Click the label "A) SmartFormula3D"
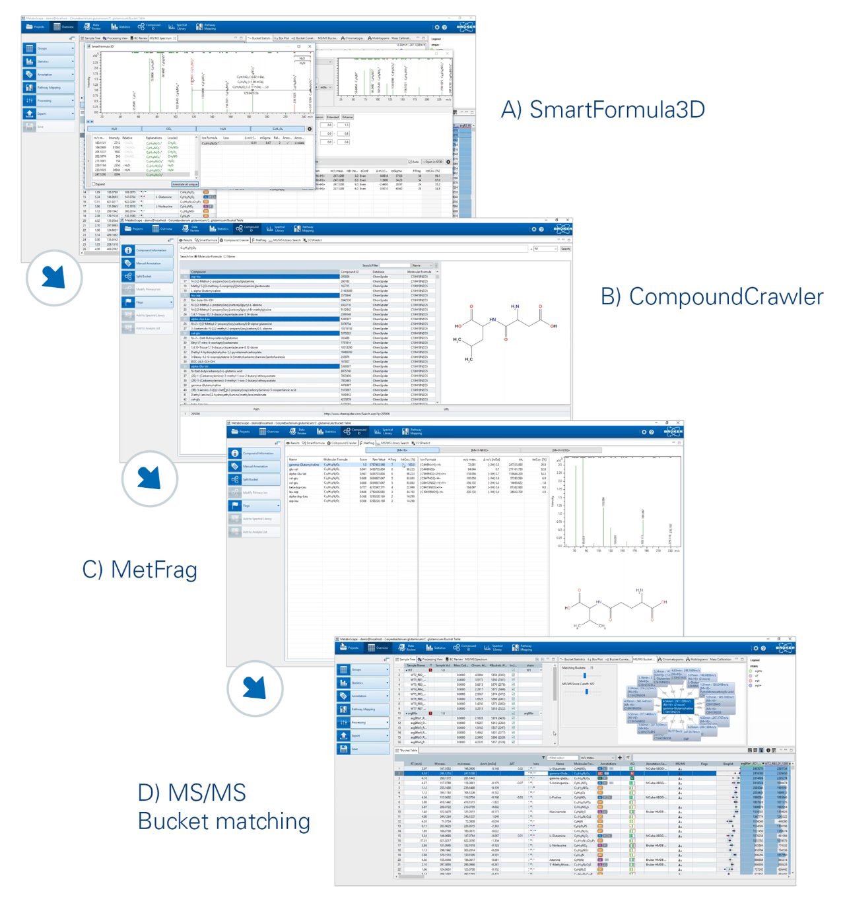point(602,110)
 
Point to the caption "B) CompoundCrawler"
point(712,297)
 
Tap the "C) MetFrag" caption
point(139,570)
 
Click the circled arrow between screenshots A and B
point(53,277)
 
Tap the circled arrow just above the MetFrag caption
point(149,478)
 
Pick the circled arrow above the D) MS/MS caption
point(254,688)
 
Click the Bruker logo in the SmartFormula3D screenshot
point(465,27)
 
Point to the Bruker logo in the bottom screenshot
point(785,648)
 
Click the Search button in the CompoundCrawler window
point(565,249)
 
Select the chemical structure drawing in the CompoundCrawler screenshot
point(505,330)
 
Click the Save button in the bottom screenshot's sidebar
point(362,749)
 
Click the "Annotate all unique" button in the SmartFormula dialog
point(184,184)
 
